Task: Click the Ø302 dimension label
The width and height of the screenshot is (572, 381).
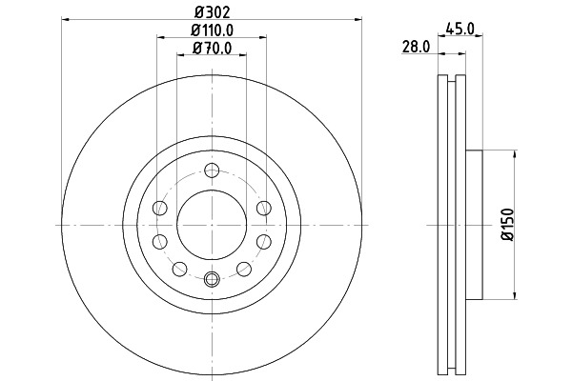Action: [213, 12]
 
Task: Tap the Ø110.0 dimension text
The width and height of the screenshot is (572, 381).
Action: [212, 30]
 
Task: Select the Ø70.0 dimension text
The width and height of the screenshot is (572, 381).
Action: [212, 48]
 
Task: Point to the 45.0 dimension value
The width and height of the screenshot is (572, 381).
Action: [460, 28]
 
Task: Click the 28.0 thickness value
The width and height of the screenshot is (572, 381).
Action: [416, 47]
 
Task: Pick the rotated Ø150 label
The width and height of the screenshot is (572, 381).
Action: [507, 225]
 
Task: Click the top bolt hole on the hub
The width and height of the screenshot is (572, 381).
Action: [212, 170]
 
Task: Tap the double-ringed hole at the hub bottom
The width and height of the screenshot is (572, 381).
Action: [212, 279]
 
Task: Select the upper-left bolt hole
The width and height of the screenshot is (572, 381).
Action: [160, 209]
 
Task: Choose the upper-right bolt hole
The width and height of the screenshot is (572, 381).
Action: [263, 209]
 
